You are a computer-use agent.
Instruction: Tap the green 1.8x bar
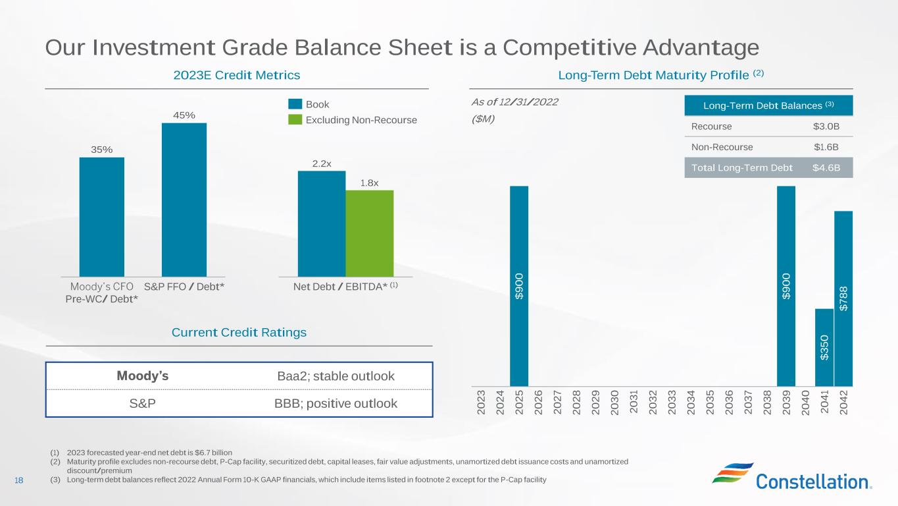(x=370, y=233)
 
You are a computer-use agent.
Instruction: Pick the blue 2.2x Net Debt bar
(x=322, y=223)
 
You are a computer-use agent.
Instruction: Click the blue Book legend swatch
(x=295, y=104)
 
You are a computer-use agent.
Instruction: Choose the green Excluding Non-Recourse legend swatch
(x=295, y=120)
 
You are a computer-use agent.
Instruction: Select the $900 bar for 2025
(x=519, y=286)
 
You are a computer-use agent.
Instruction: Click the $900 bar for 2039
(x=786, y=286)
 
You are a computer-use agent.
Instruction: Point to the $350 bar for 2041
(x=824, y=347)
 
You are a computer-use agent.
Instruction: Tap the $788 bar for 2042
(x=843, y=298)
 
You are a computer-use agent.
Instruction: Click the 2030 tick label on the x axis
(x=614, y=402)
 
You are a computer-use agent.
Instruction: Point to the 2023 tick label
(x=481, y=402)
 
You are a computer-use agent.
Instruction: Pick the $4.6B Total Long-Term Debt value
(x=826, y=167)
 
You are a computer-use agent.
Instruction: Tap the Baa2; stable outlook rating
(x=336, y=376)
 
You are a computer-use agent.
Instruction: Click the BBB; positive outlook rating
(x=336, y=403)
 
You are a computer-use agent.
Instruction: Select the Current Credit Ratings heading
(x=239, y=333)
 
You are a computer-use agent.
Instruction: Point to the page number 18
(x=18, y=480)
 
